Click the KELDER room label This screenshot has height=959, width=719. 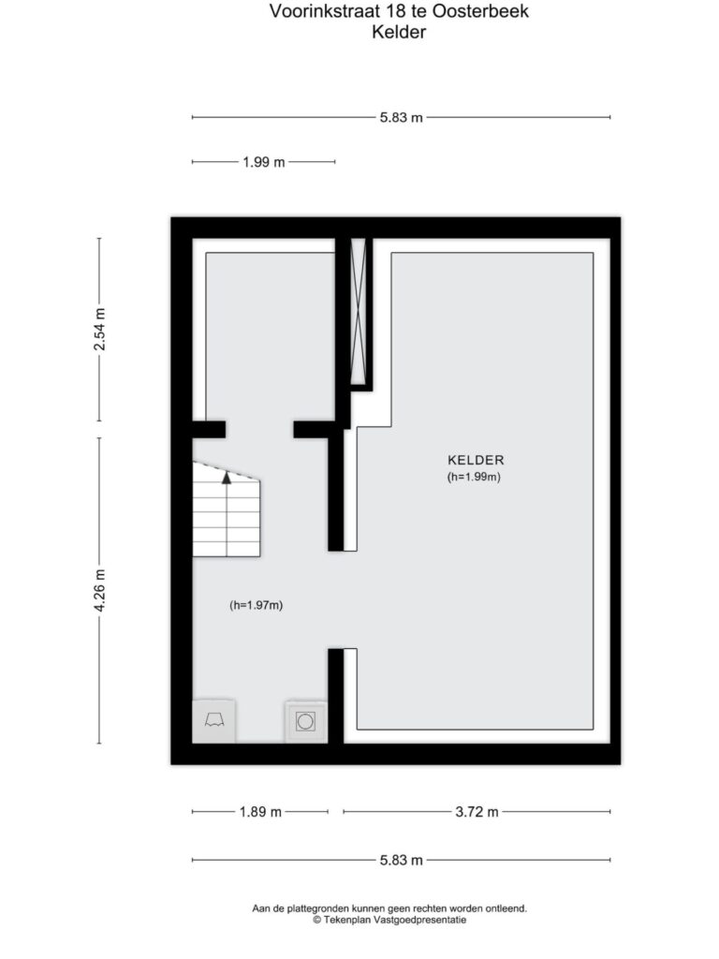tap(476, 460)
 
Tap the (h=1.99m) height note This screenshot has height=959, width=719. tap(474, 477)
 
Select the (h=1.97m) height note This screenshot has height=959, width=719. tap(257, 605)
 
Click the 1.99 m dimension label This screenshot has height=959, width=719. tap(263, 162)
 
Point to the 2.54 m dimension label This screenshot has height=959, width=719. tap(99, 329)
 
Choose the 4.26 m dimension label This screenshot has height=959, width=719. tap(99, 590)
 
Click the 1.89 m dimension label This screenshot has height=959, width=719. tap(260, 812)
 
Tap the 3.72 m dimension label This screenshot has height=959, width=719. tap(477, 812)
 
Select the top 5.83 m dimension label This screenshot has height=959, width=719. tap(401, 117)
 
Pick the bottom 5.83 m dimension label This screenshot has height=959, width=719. tap(401, 860)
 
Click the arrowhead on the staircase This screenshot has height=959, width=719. tap(227, 478)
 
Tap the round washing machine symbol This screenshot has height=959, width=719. tap(305, 722)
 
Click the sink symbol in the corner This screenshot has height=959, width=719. tap(213, 720)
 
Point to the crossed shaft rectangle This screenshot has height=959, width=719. tap(358, 311)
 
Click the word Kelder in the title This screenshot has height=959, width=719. tap(399, 32)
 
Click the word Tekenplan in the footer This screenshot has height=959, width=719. tap(347, 920)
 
